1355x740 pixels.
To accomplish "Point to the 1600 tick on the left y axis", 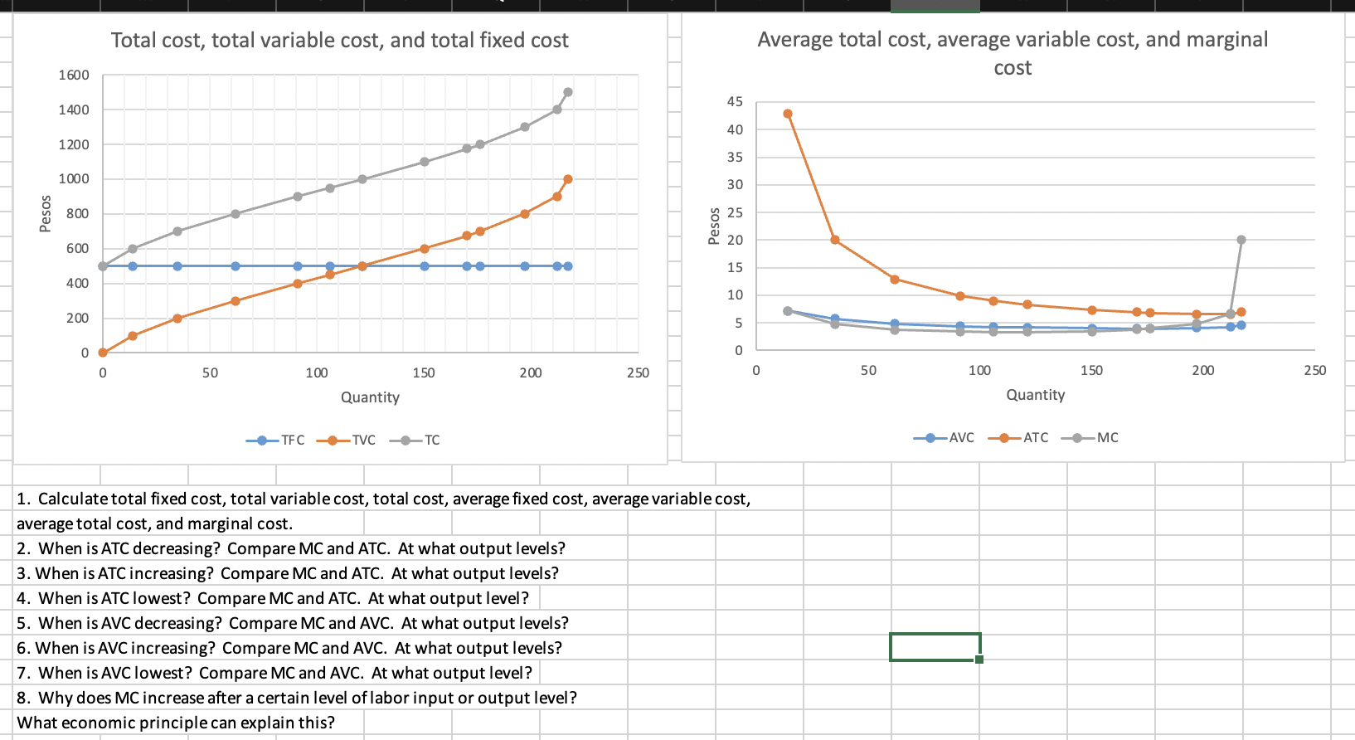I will [x=74, y=75].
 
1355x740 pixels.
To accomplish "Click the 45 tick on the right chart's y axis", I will [x=735, y=101].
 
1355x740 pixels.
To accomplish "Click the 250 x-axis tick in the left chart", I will [x=638, y=372].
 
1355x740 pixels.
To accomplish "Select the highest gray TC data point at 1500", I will [x=568, y=92].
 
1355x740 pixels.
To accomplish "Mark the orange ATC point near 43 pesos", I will [x=788, y=114].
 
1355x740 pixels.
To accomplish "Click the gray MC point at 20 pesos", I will [x=1241, y=240].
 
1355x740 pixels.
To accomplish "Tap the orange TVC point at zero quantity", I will [x=103, y=353].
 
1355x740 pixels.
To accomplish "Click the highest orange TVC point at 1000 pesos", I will [x=568, y=179].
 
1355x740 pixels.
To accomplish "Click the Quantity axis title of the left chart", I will [x=370, y=397].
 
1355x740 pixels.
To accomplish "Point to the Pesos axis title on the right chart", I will [x=714, y=226].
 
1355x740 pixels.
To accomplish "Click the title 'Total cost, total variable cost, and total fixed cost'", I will [x=340, y=40].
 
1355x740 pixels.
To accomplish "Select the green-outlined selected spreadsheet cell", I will [x=935, y=647].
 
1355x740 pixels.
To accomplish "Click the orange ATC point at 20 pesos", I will [x=835, y=240].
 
